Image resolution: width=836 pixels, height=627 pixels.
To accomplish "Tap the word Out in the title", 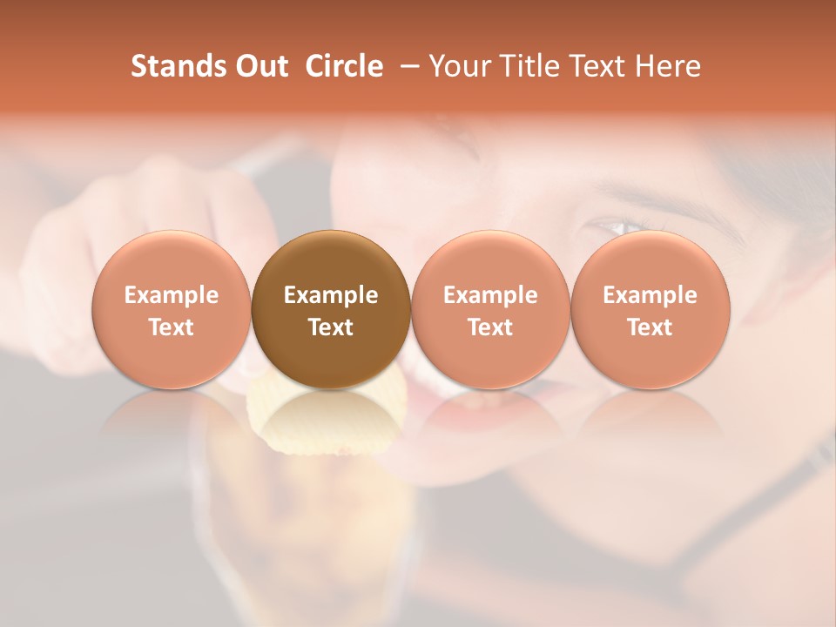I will [x=260, y=66].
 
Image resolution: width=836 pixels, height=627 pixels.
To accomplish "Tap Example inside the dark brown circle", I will [x=331, y=295].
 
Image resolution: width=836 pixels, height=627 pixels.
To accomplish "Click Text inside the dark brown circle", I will [x=331, y=327].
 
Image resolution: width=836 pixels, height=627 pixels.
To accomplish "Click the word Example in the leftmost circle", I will [x=172, y=295].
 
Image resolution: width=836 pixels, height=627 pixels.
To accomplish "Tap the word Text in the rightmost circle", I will [x=651, y=327].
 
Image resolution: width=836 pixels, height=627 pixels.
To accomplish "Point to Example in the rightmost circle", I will [x=651, y=295].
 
